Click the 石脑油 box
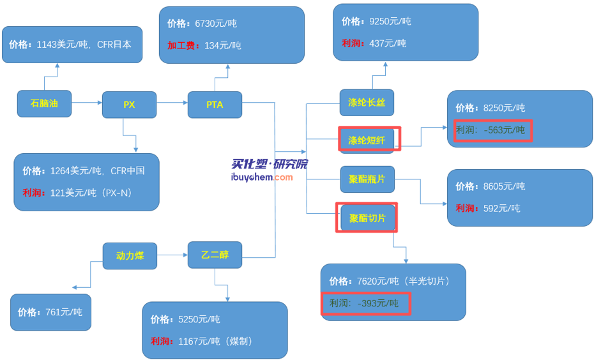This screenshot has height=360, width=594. coord(44,103)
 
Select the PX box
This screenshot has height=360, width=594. coord(129,105)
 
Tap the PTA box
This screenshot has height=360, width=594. coord(215,105)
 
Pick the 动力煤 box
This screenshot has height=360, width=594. coord(130,255)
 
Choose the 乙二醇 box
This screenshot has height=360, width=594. coord(215,255)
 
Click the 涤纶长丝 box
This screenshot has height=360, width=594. coord(366,103)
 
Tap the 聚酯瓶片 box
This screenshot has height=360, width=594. coord(367,179)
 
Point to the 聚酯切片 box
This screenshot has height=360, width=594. coord(367,218)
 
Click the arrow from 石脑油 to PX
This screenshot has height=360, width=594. coord(87,102)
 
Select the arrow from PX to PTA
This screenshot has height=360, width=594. coord(172,102)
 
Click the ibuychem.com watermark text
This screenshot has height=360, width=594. coord(262,177)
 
